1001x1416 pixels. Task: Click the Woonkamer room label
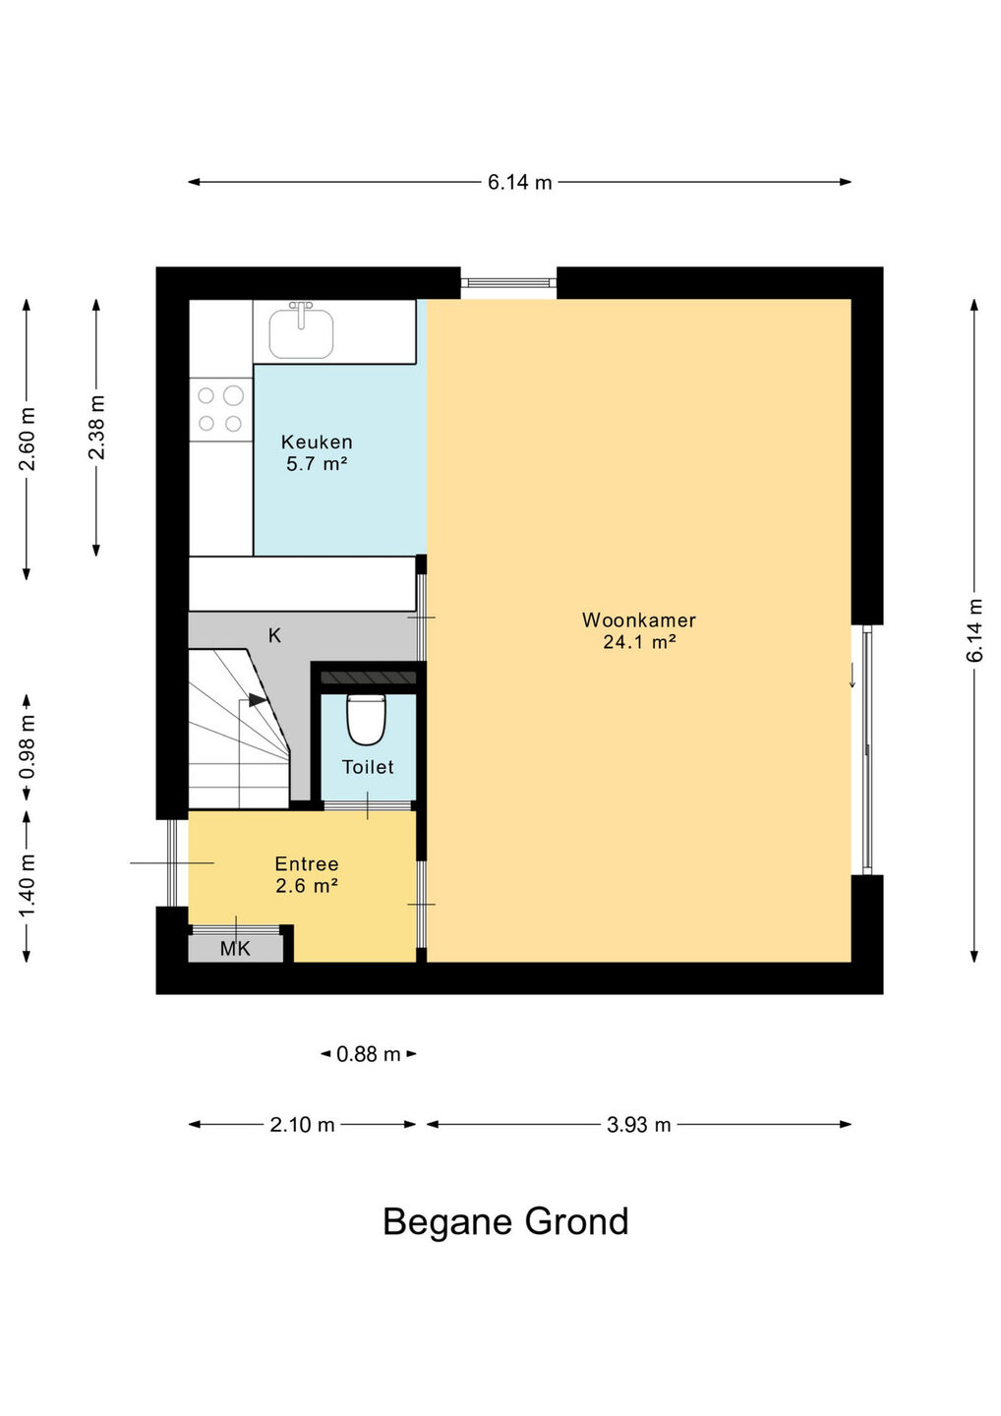point(639,619)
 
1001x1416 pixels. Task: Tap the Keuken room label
point(317,442)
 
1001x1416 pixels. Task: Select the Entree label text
point(307,863)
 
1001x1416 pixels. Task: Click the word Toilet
point(368,767)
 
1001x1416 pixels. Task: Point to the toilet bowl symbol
point(366,720)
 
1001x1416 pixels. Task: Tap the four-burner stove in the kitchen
point(221,410)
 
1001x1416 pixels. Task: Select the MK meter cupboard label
point(235,948)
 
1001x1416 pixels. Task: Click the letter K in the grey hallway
point(274,635)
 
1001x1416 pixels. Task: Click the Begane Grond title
point(505,1222)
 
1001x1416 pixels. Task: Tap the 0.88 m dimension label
point(369,1054)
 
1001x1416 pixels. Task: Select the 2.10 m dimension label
point(302,1125)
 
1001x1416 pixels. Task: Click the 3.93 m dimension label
point(638,1125)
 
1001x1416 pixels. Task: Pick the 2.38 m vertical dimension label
point(96,428)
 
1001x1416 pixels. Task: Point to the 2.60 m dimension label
point(28,439)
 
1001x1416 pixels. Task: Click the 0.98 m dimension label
point(28,747)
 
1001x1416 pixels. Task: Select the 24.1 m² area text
point(639,642)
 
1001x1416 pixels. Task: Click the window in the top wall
point(508,282)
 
